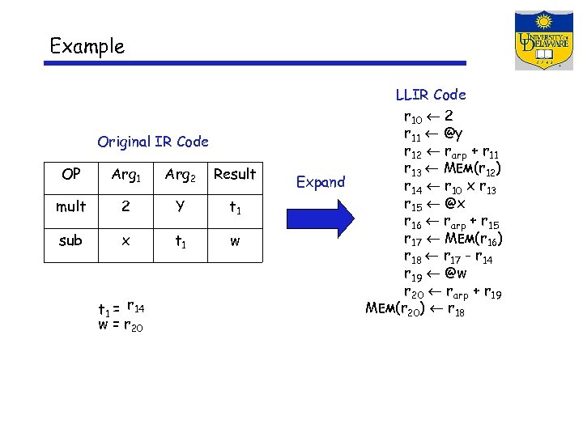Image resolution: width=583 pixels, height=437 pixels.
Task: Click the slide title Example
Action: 87,46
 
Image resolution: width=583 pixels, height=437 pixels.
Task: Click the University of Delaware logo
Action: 543,40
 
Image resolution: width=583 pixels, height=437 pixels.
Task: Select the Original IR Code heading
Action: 153,142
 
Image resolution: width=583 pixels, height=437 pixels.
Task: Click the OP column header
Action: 70,174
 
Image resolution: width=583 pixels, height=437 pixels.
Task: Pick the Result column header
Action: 234,174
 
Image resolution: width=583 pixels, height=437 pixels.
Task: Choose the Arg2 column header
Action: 181,175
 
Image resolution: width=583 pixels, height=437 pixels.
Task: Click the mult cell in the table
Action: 70,206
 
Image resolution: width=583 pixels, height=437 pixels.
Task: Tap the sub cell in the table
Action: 70,240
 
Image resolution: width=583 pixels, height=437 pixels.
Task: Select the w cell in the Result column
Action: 234,240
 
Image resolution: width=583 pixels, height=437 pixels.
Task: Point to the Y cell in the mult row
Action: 180,206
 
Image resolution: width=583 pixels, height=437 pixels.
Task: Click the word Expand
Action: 321,182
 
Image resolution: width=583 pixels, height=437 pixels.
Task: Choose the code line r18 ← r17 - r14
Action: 450,257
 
